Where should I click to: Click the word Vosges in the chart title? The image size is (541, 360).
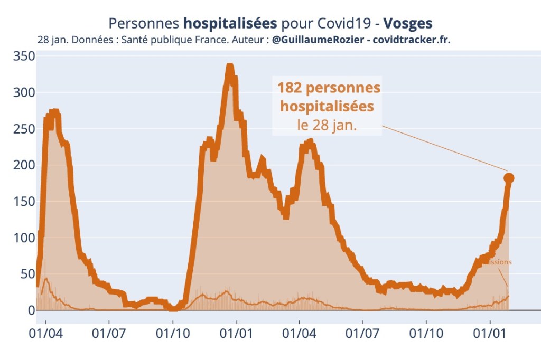407,24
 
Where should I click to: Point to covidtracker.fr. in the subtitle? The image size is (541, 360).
412,40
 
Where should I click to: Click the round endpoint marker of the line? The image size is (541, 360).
509,178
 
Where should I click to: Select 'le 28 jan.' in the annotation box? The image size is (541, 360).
327,126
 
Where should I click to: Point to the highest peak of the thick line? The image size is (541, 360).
230,67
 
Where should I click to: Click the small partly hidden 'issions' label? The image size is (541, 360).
500,262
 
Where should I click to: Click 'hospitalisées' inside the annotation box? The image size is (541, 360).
327,107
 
